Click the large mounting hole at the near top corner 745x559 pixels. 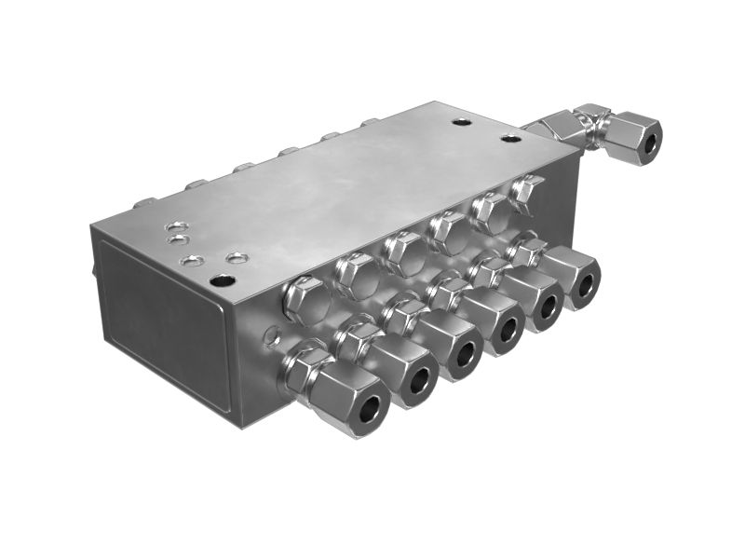point(222,279)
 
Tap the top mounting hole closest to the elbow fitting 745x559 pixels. point(509,139)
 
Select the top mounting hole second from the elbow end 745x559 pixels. point(462,121)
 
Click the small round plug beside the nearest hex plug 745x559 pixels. point(272,334)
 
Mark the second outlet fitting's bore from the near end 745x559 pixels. point(421,377)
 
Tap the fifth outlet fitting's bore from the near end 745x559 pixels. point(549,305)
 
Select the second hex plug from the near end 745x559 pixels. point(354,272)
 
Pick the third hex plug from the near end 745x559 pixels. point(402,250)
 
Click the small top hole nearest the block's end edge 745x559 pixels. point(174,226)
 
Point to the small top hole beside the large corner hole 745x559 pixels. point(237,256)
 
